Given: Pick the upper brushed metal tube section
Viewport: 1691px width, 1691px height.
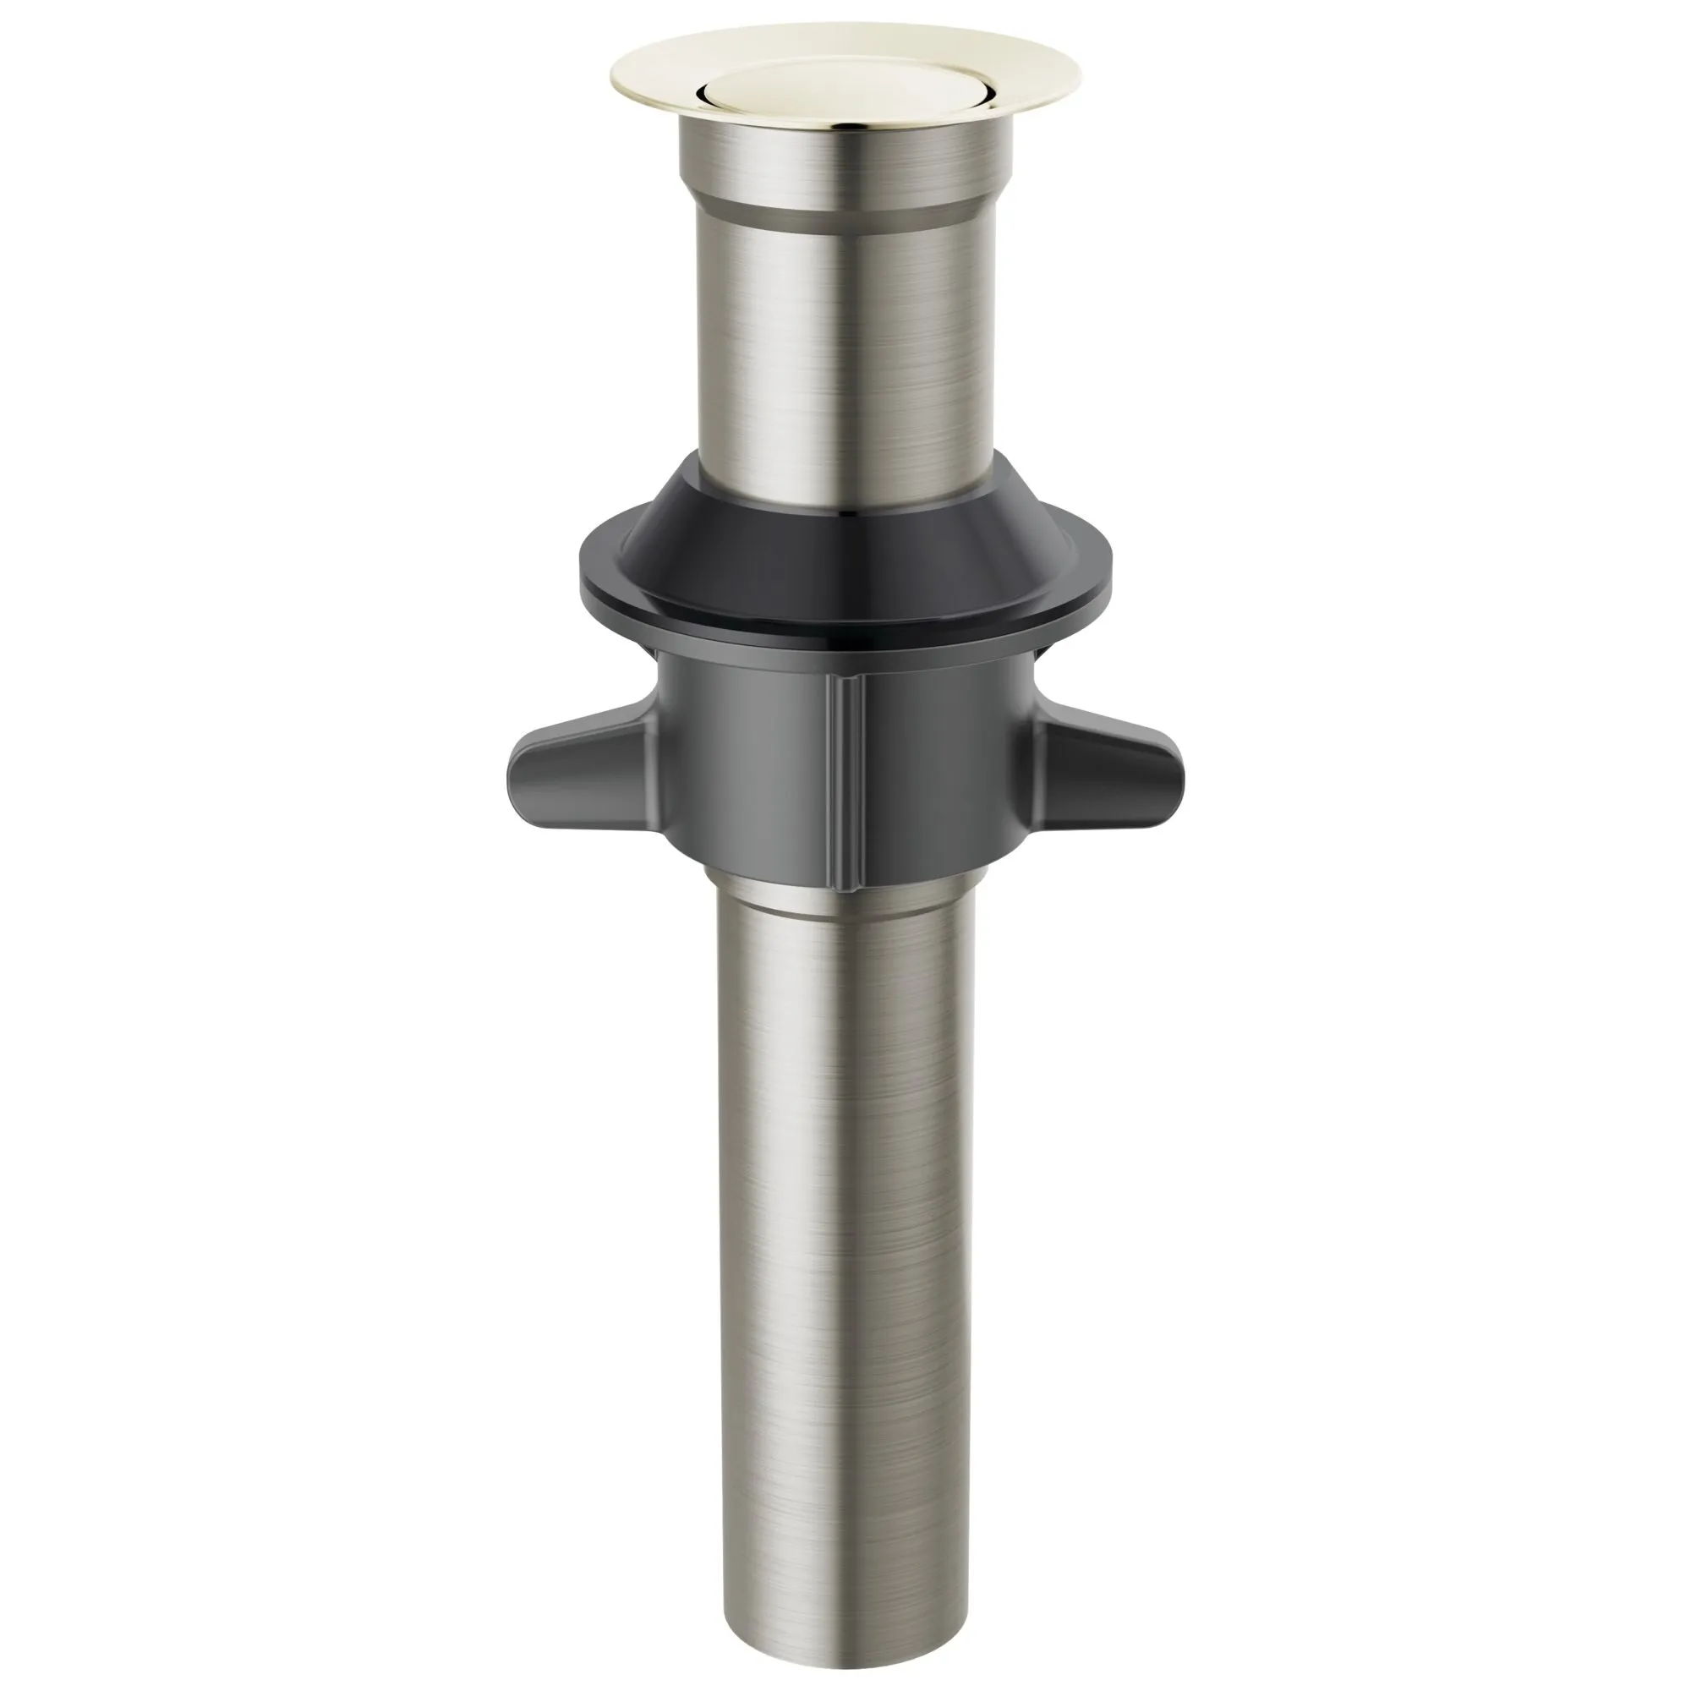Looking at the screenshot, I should [x=845, y=350].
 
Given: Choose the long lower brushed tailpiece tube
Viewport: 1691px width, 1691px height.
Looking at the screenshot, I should [x=845, y=1225].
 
